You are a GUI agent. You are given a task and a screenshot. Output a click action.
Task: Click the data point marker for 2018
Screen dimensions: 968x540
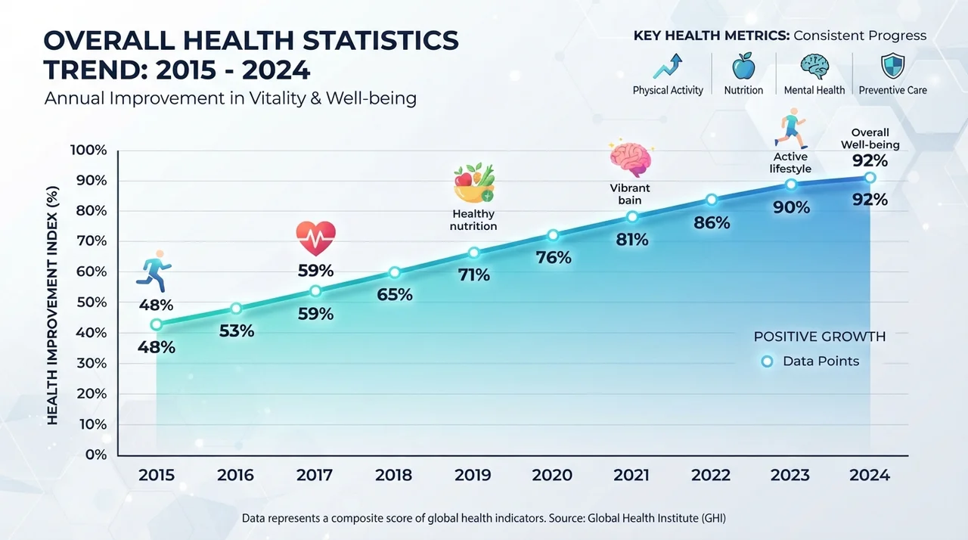(x=394, y=272)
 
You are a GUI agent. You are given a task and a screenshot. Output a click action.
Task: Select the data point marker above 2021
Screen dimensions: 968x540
(x=632, y=217)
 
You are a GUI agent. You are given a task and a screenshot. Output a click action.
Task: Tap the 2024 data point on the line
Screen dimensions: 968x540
(x=870, y=178)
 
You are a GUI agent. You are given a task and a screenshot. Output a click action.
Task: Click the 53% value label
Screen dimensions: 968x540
(x=237, y=331)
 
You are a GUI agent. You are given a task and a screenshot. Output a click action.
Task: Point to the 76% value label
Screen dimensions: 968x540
(x=554, y=258)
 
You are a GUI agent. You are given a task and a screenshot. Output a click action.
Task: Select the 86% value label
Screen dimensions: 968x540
(x=712, y=223)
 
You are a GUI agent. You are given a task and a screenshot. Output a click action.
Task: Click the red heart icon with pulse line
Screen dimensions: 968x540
(x=316, y=238)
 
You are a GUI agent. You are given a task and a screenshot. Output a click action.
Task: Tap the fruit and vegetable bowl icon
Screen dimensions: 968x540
(x=474, y=182)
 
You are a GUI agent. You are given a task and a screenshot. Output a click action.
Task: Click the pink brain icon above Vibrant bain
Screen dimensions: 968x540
(x=631, y=159)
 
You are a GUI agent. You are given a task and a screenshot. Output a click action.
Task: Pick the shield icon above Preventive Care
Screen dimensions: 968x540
(x=893, y=66)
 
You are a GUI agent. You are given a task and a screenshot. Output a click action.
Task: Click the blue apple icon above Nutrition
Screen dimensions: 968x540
(x=743, y=66)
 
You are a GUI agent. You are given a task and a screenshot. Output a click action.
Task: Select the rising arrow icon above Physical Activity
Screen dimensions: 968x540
(x=668, y=66)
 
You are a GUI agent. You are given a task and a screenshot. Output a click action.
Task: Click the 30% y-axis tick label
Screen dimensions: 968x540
(x=92, y=363)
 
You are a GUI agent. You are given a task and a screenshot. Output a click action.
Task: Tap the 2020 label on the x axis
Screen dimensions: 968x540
(x=552, y=475)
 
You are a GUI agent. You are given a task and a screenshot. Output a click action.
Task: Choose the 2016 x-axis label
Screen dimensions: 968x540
(x=235, y=475)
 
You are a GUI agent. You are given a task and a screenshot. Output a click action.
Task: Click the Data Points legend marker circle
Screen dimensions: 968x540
(x=767, y=362)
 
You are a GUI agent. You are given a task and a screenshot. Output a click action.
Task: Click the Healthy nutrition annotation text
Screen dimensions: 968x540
(x=473, y=220)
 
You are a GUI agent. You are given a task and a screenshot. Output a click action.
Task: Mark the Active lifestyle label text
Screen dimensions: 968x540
(x=790, y=163)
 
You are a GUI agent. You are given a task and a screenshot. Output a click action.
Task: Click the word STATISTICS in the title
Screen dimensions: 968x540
(x=380, y=40)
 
